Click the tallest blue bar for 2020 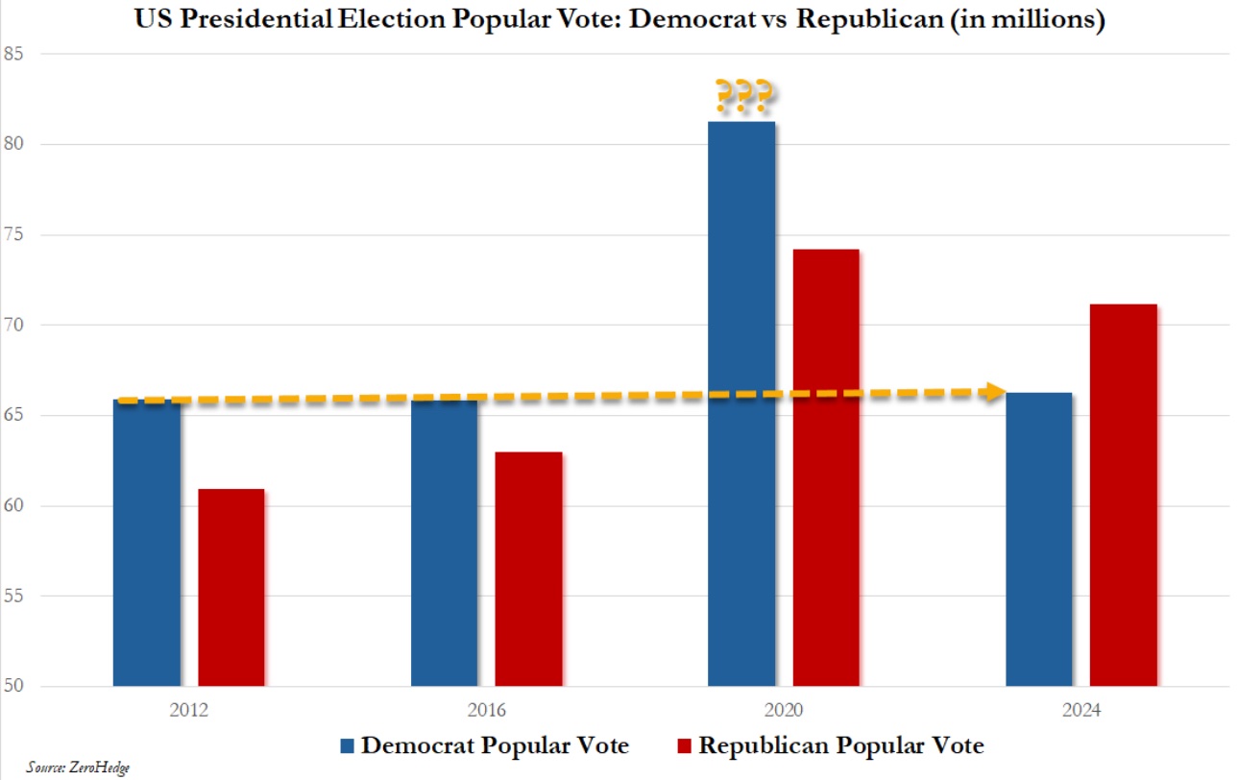741,403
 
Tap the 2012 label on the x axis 188,712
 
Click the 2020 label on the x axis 784,712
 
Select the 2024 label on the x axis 1081,712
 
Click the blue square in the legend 347,746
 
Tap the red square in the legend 685,746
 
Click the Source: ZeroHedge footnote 64,768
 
